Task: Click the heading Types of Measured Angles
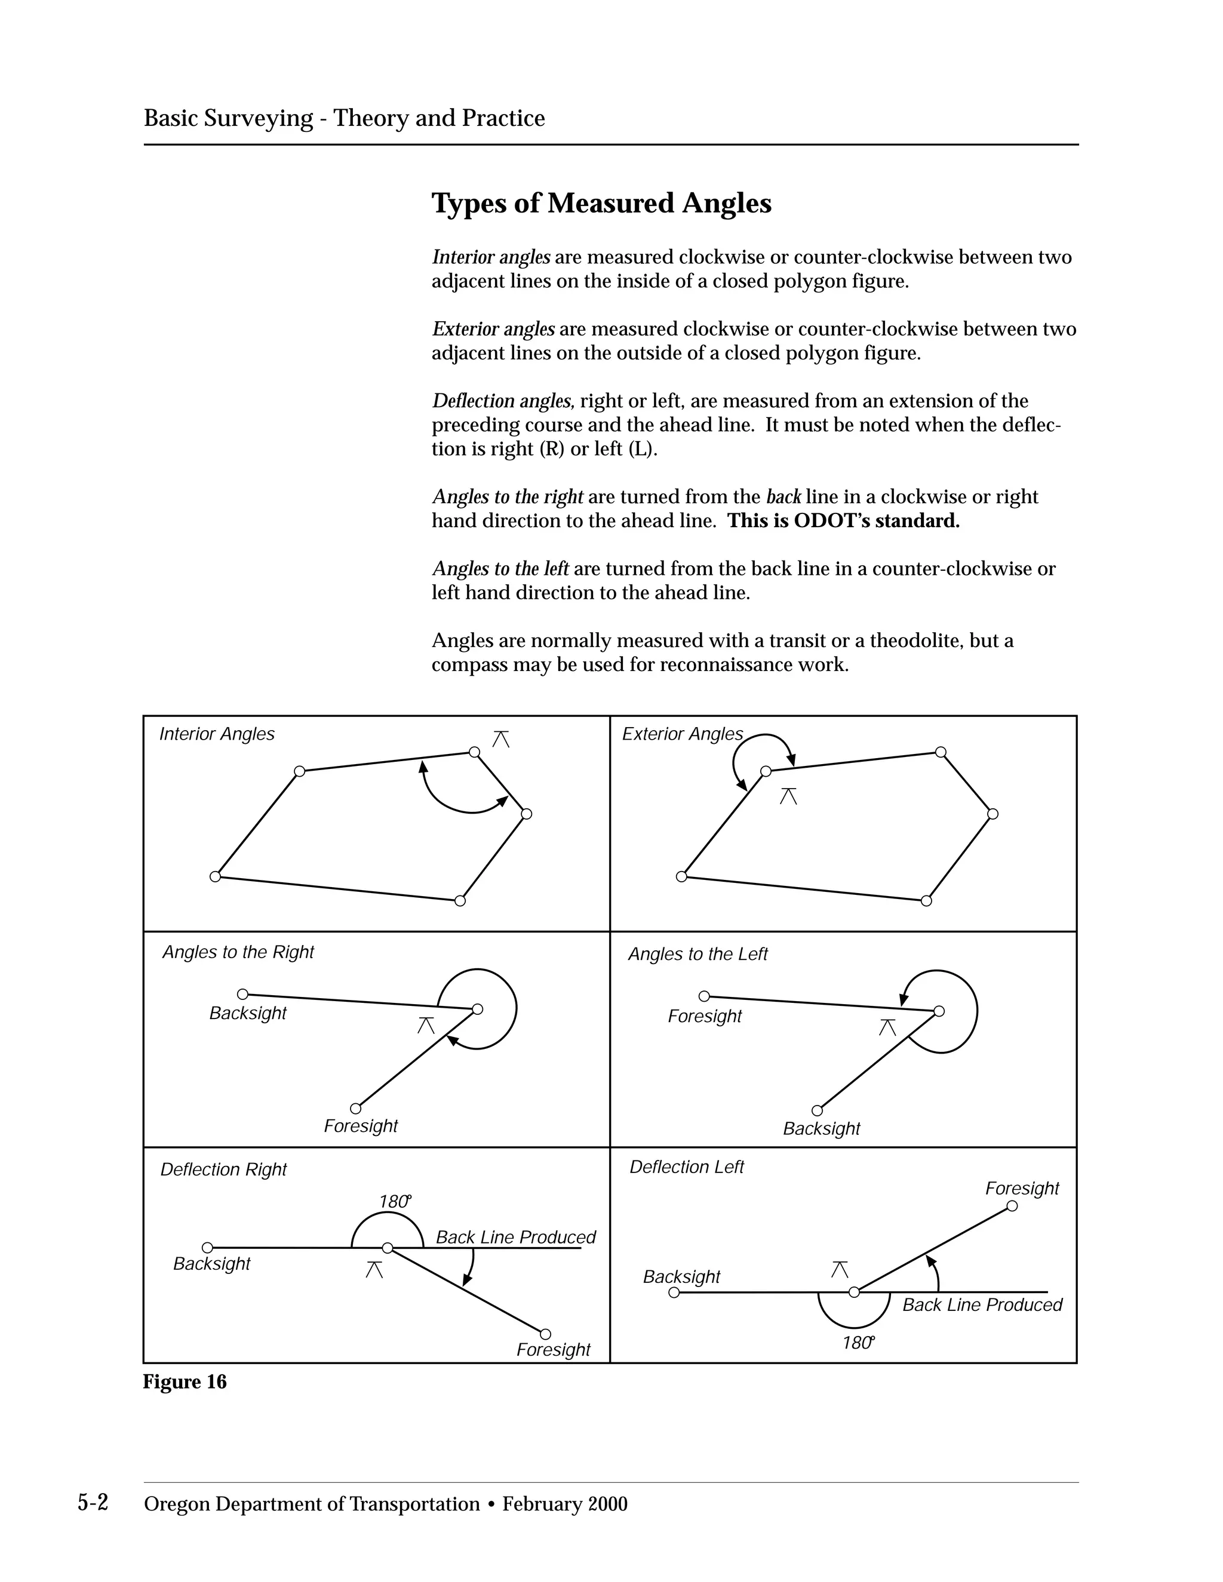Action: point(601,204)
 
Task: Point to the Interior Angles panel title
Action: point(217,734)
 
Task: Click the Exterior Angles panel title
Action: point(682,734)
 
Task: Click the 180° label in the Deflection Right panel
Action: point(395,1202)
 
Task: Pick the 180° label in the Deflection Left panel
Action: point(858,1343)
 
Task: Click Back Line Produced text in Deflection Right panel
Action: point(515,1237)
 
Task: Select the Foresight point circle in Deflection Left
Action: point(1012,1206)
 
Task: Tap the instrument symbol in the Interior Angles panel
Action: point(500,740)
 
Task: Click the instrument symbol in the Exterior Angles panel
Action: point(788,796)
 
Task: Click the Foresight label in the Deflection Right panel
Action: point(553,1350)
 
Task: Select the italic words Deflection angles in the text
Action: point(503,401)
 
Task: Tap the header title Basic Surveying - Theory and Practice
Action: point(344,118)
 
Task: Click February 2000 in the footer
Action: point(564,1504)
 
